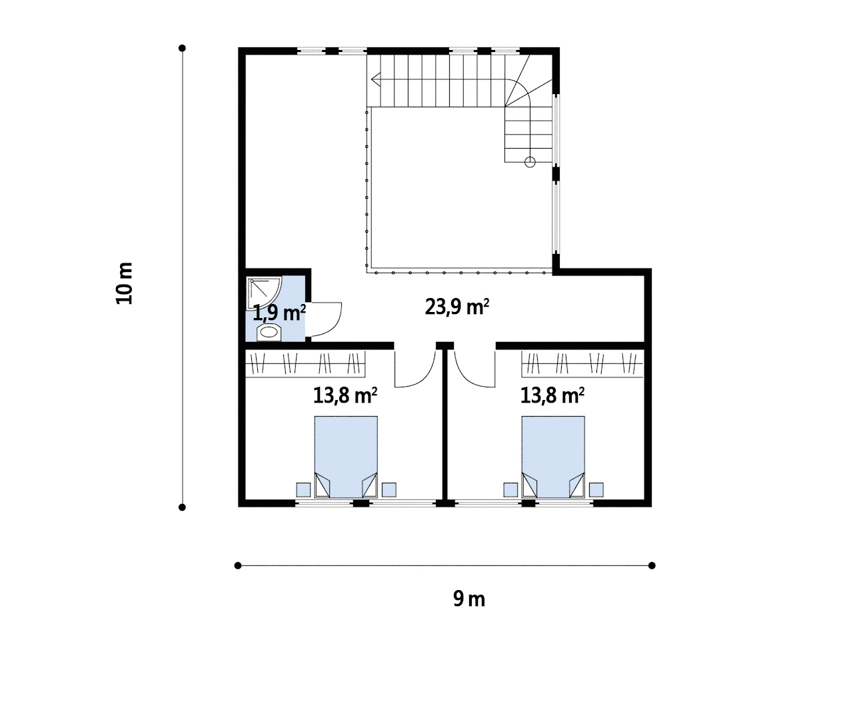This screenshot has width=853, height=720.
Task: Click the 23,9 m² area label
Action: pos(457,307)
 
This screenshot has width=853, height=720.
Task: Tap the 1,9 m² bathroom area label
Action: pos(279,313)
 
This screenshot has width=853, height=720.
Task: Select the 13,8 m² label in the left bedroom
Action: pos(345,395)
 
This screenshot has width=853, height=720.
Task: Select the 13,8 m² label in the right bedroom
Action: pos(552,395)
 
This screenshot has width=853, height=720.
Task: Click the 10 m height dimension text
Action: pos(124,283)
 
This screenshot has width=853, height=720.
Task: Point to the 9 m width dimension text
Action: pos(469,599)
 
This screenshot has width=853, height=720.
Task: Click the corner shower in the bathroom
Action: pos(263,293)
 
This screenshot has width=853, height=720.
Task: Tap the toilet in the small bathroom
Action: pos(269,332)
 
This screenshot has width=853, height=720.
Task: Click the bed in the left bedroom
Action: pos(346,457)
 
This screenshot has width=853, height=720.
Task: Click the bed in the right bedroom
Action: pos(553,457)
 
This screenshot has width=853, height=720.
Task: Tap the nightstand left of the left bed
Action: pos(303,489)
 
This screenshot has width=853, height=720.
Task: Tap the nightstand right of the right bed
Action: pos(596,489)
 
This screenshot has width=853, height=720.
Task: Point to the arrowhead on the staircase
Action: pos(375,79)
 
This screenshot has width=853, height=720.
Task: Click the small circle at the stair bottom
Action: pos(530,162)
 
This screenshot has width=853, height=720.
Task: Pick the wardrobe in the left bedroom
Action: pos(305,364)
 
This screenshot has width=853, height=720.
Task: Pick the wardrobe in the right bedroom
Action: pos(582,364)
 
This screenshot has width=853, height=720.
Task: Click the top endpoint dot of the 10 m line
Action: pos(182,48)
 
